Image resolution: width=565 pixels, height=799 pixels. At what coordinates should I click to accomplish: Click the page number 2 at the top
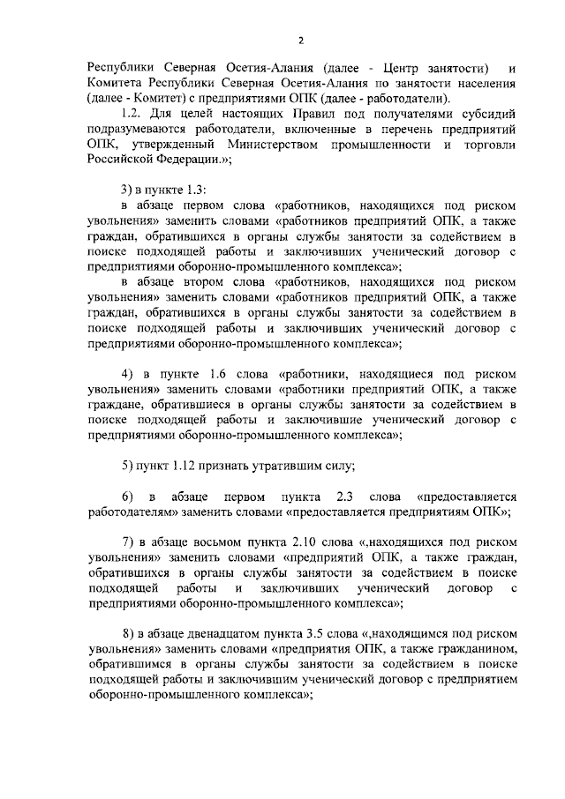(300, 41)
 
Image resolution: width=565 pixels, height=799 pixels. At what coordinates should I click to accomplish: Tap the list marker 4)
(127, 373)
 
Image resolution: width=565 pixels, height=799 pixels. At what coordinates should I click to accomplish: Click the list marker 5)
(127, 465)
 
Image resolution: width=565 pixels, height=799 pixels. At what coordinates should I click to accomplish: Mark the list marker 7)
(127, 542)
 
